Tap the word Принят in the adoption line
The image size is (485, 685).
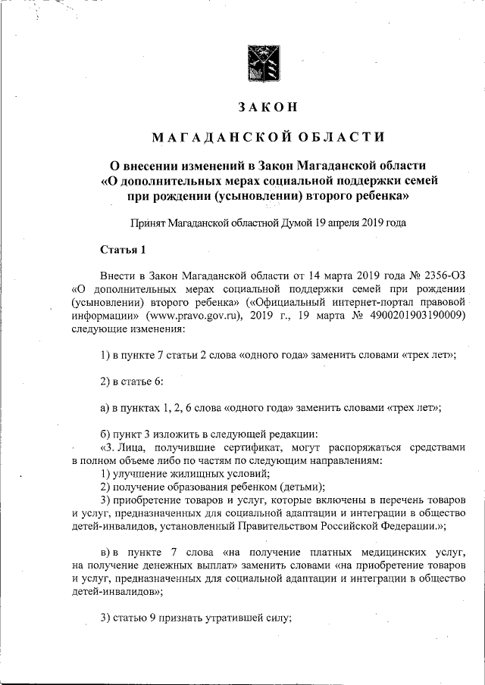coord(148,223)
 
